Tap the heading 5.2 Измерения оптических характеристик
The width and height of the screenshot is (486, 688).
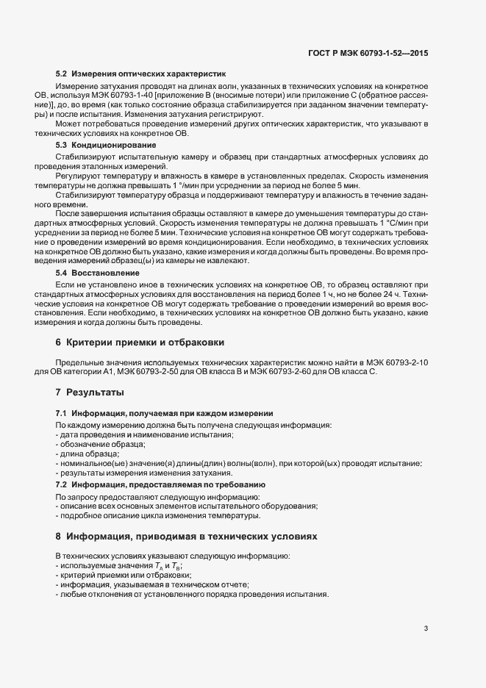tap(141, 75)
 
